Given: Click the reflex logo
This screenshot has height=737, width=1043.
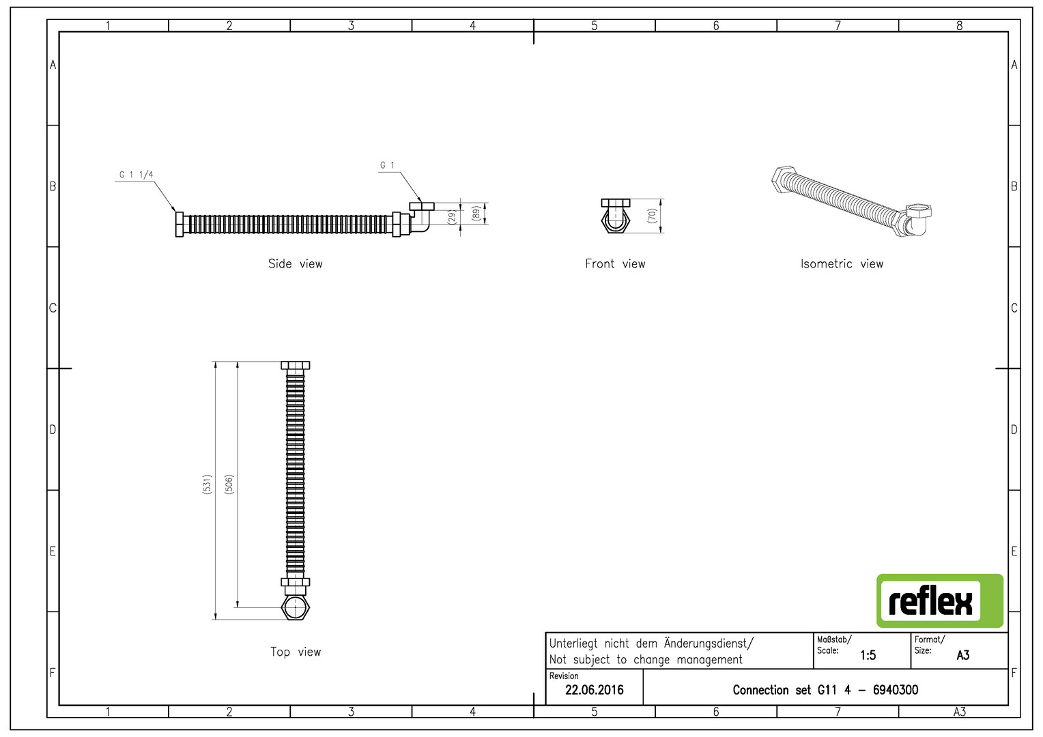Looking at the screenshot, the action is pos(940,601).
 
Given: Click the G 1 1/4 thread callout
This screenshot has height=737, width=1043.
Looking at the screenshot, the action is pos(136,175).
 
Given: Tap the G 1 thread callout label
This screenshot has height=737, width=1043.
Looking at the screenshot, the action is pos(387,165).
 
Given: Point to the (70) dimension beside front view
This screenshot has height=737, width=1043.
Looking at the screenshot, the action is pos(652,216).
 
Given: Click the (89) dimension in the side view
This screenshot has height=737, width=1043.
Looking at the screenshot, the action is pos(475,214).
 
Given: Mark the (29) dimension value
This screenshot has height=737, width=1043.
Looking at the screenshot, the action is pos(452,218).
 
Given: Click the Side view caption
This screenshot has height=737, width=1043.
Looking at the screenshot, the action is pos(295,264).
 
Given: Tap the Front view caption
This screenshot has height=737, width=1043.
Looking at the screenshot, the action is pos(615,264).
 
